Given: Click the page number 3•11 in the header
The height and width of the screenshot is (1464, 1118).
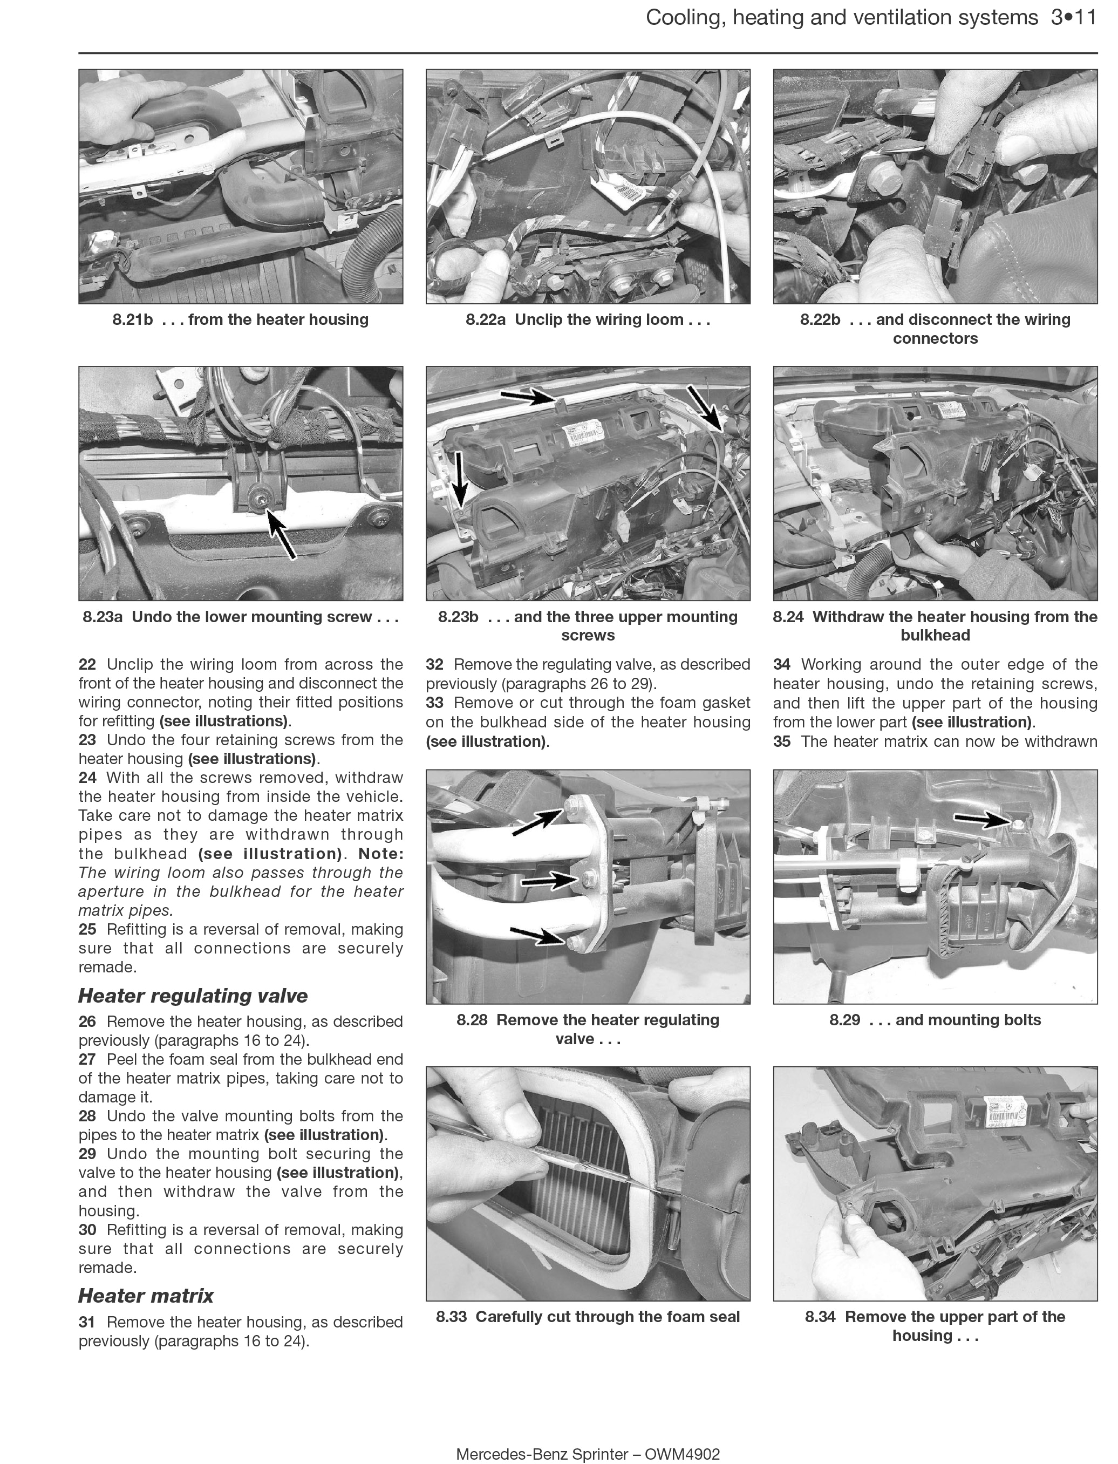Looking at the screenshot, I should point(1073,18).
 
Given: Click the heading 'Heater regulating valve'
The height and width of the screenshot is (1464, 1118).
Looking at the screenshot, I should point(193,996).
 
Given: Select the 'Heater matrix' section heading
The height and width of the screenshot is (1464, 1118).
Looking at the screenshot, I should point(146,1296).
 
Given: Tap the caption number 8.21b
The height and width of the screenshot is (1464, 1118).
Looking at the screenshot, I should point(132,319).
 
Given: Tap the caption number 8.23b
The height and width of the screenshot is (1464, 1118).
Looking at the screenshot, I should point(458,617).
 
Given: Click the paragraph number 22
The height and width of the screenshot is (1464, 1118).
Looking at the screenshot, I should point(87,664).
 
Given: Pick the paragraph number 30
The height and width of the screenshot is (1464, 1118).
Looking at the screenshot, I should point(87,1230).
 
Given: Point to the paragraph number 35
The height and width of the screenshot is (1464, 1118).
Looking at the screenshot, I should point(782,741).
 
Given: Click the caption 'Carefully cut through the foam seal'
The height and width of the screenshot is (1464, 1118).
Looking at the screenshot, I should point(607,1317).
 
